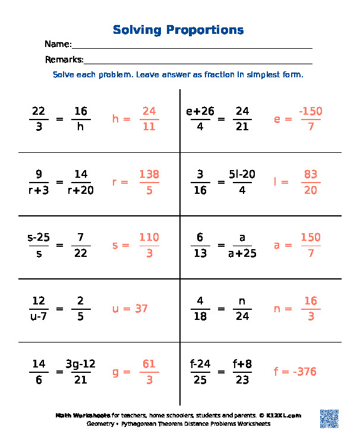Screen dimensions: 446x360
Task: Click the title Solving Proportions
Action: pos(178,30)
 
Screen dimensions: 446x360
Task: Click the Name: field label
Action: pos(58,45)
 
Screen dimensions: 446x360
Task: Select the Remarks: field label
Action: pos(64,59)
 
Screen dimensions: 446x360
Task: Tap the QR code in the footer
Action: pos(329,418)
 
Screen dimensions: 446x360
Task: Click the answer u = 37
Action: pos(130,309)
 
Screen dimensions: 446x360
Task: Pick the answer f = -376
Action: pos(295,372)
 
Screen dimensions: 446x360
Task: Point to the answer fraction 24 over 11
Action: pos(149,119)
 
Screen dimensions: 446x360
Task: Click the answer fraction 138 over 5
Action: pos(149,182)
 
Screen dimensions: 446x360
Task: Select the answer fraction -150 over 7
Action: pos(311,119)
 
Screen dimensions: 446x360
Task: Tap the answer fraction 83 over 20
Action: pos(311,182)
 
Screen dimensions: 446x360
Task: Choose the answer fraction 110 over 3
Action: pos(149,245)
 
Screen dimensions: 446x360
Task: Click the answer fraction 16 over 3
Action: pos(311,309)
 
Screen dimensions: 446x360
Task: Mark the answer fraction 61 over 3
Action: pos(149,372)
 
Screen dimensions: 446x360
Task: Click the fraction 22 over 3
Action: pos(39,119)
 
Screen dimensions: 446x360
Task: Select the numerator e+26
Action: pos(200,111)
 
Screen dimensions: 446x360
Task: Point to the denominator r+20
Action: pos(81,190)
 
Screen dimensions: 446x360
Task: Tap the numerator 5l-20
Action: pos(242,174)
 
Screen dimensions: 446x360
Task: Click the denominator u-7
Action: pos(39,316)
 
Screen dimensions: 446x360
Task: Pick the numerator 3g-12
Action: pos(81,364)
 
